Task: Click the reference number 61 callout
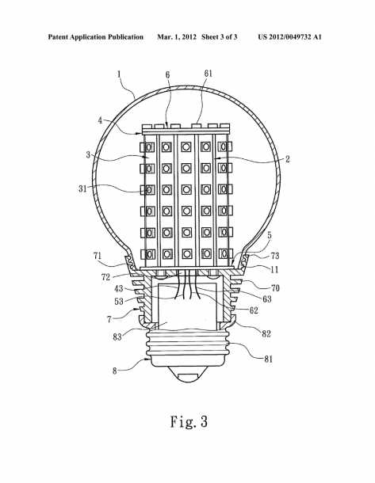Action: click(209, 74)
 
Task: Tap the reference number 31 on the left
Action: click(82, 188)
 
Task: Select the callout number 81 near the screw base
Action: click(269, 359)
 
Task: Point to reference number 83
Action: click(117, 337)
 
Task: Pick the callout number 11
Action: click(274, 270)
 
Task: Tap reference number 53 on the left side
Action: click(119, 301)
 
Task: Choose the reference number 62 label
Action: click(254, 310)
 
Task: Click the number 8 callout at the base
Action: click(115, 371)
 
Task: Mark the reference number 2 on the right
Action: click(287, 159)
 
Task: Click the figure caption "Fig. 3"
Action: click(189, 421)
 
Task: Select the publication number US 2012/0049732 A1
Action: click(290, 37)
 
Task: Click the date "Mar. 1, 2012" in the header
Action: click(177, 37)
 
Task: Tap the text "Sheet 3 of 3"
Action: click(220, 37)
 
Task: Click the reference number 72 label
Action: click(105, 277)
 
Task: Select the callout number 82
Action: click(266, 333)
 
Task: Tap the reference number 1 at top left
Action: click(119, 74)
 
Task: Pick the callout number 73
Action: click(275, 256)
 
